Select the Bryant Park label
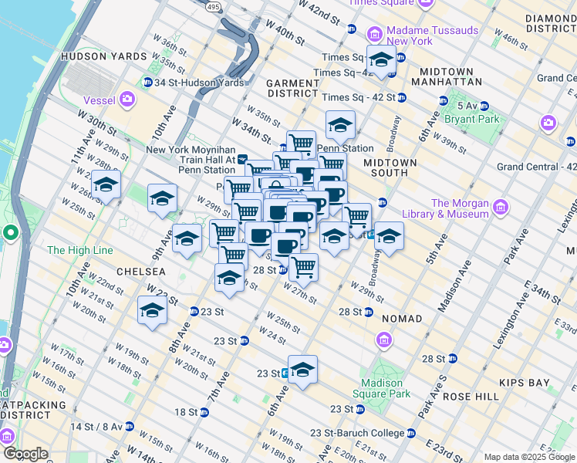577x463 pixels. pyautogui.click(x=477, y=120)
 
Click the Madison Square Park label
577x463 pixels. pyautogui.click(x=382, y=389)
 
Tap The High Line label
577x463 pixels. pyautogui.click(x=80, y=251)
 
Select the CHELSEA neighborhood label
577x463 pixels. pyautogui.click(x=141, y=272)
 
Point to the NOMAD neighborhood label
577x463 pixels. pyautogui.click(x=401, y=319)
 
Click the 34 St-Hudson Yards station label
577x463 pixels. pyautogui.click(x=198, y=83)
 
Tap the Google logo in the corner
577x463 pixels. pyautogui.click(x=25, y=454)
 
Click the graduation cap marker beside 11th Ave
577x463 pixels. pyautogui.click(x=106, y=185)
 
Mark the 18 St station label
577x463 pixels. pyautogui.click(x=186, y=412)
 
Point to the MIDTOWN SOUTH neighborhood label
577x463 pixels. pyautogui.click(x=390, y=168)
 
